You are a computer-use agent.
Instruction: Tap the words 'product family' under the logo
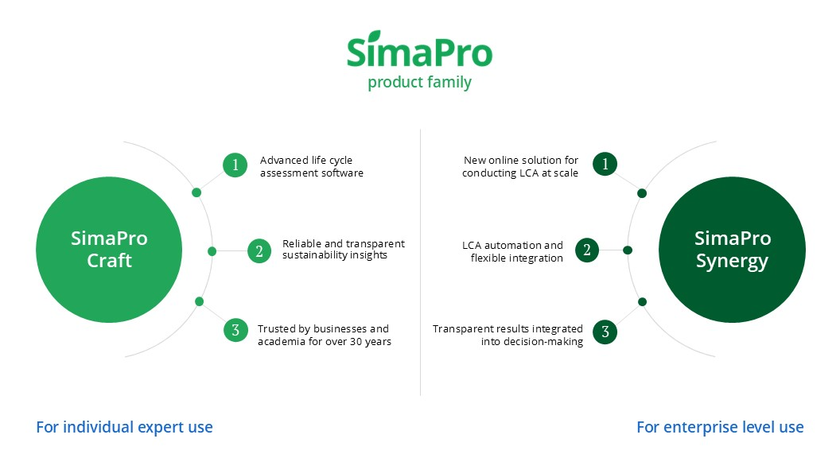[419, 83]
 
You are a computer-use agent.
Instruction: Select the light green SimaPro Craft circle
[109, 250]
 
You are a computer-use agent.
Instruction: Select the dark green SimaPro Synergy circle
[732, 250]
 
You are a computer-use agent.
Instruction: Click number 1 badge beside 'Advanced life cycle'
[235, 165]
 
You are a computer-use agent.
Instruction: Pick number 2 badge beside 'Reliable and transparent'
[259, 250]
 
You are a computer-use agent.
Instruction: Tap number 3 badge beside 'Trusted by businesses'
[235, 330]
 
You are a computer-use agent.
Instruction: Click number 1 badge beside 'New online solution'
[605, 164]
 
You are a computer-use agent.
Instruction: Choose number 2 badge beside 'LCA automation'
[587, 250]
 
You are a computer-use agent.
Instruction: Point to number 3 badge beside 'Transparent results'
[605, 332]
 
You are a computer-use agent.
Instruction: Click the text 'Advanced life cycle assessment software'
[312, 167]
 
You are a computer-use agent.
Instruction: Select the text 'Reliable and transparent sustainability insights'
[344, 249]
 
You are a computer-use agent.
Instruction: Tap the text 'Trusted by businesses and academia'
[324, 335]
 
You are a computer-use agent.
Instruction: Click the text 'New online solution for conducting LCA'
[520, 167]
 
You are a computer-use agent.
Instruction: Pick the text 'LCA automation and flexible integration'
[513, 251]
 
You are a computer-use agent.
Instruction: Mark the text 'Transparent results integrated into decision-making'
[507, 335]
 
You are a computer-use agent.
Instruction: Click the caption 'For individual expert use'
[124, 428]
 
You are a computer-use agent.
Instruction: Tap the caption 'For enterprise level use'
[720, 428]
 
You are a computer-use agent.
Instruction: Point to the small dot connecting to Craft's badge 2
[212, 251]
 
